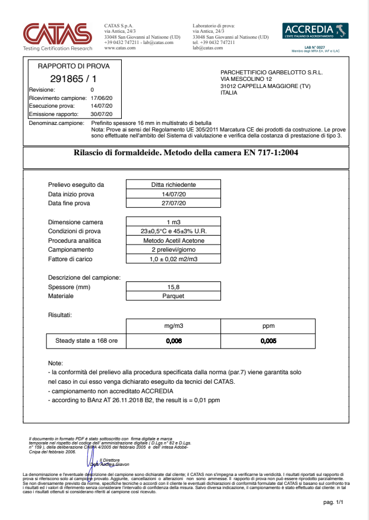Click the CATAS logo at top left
pyautogui.click(x=57, y=36)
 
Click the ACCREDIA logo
pyautogui.click(x=316, y=32)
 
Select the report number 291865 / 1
pyautogui.click(x=74, y=79)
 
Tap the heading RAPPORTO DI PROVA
pyautogui.click(x=74, y=66)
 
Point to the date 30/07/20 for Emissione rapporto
pyautogui.click(x=102, y=114)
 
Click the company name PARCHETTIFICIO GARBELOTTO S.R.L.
pyautogui.click(x=271, y=71)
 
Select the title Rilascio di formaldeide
pyautogui.click(x=186, y=153)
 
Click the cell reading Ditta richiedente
pyautogui.click(x=174, y=185)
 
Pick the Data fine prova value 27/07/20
pyautogui.click(x=174, y=203)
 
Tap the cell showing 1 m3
pyautogui.click(x=174, y=223)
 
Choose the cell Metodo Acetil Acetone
pyautogui.click(x=174, y=241)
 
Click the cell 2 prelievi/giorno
pyautogui.click(x=174, y=250)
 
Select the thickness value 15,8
pyautogui.click(x=174, y=287)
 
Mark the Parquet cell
pyautogui.click(x=174, y=296)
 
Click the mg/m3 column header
pyautogui.click(x=173, y=327)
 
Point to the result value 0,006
pyautogui.click(x=173, y=342)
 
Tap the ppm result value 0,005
pyautogui.click(x=269, y=342)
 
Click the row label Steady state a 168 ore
pyautogui.click(x=86, y=342)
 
